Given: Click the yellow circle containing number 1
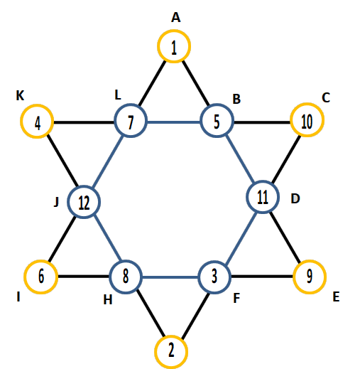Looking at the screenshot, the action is [174, 30].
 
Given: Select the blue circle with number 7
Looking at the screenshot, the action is [131, 104].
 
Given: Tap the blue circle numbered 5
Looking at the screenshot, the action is [217, 105].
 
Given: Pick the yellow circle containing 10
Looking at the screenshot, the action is [307, 104].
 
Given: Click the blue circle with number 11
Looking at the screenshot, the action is [263, 181].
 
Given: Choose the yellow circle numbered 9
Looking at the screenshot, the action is [310, 260].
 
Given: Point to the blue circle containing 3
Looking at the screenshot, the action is [214, 261].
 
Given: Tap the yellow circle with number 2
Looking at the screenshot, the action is [171, 336].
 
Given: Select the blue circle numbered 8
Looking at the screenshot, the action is [126, 261].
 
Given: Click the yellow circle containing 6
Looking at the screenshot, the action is [40, 261].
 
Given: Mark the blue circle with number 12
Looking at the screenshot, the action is [84, 186].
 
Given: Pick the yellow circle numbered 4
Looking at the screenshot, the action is [37, 105].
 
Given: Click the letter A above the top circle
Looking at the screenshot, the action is [175, 18].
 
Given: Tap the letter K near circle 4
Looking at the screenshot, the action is [20, 96].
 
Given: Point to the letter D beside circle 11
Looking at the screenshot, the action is [295, 198].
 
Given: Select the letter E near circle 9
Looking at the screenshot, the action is [336, 296].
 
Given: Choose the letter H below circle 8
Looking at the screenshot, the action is [108, 300].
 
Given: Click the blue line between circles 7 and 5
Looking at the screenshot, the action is [174, 122].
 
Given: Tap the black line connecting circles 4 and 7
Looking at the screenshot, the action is [84, 122].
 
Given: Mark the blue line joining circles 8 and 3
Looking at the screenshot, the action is [170, 277].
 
